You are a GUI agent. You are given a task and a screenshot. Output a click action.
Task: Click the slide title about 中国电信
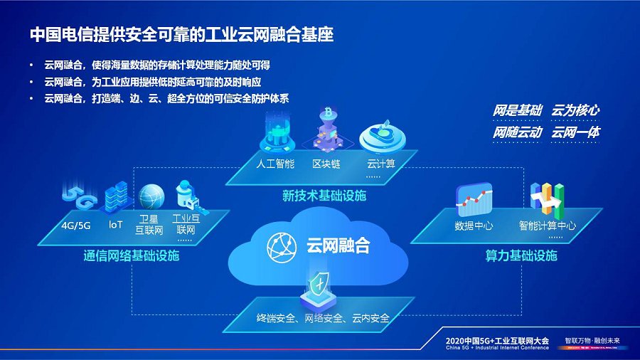[182, 33]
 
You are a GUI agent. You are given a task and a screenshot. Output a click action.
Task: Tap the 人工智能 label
[274, 164]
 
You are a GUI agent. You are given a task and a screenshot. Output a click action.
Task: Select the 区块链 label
[327, 164]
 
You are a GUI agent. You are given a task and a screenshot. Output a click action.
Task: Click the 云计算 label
[380, 164]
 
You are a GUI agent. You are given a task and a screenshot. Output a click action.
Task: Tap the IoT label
[116, 225]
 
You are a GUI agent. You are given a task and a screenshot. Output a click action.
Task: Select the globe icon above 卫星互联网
[151, 197]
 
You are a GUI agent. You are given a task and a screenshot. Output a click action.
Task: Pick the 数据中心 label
[474, 226]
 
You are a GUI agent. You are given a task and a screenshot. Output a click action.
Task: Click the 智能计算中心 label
[547, 226]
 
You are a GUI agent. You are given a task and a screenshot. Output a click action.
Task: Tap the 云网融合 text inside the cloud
[338, 246]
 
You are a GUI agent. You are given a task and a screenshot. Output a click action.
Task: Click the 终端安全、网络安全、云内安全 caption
[323, 318]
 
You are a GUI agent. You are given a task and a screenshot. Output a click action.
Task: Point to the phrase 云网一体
[575, 132]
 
